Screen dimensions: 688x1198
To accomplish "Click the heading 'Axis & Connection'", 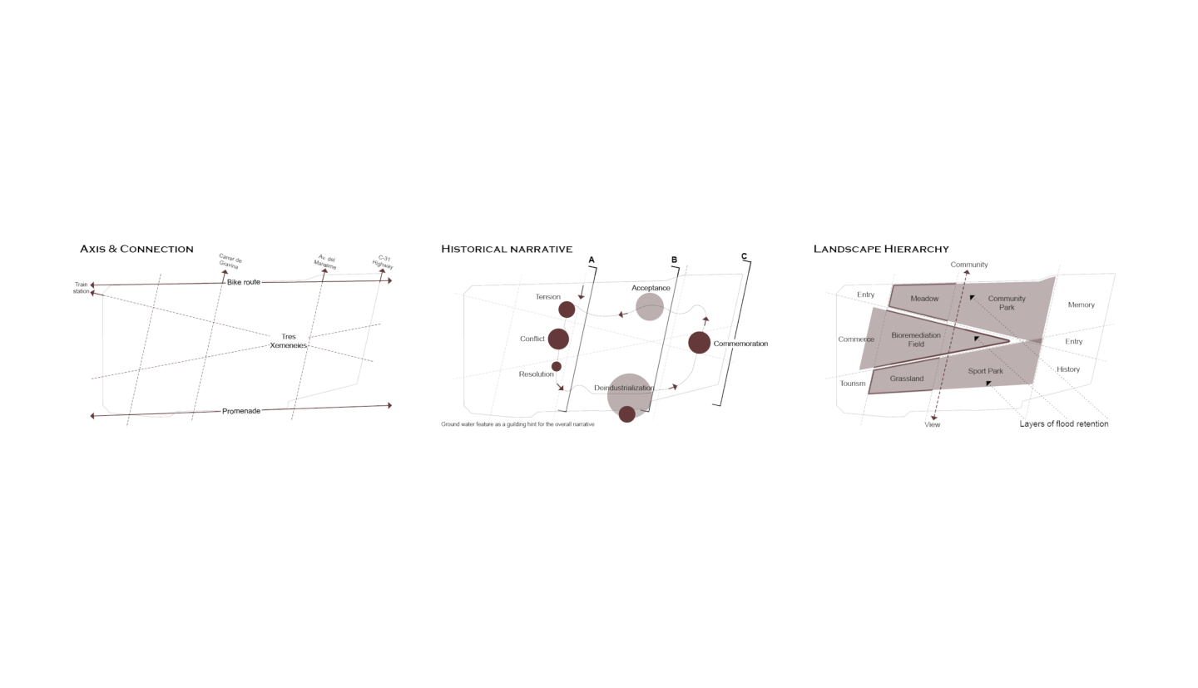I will pos(136,249).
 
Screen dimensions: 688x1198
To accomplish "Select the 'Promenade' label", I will pos(240,411).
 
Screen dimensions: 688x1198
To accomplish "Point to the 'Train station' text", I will pos(81,288).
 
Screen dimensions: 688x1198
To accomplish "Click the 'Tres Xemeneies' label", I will pos(289,341).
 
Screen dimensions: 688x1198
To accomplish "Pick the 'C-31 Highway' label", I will pos(384,262).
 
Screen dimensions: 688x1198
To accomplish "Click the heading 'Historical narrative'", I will pos(507,249).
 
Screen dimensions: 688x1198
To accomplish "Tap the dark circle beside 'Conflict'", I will pos(558,339).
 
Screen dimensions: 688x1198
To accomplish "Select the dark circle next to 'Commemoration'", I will pos(699,342).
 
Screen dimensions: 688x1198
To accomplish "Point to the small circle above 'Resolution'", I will pos(557,366).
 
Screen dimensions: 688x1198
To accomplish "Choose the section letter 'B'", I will pos(674,260).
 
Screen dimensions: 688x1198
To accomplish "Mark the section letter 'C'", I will pos(744,255).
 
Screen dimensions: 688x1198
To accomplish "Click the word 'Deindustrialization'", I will pos(624,388).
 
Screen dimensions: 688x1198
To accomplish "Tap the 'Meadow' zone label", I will pos(924,299).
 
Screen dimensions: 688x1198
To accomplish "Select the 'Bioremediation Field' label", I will pos(916,339).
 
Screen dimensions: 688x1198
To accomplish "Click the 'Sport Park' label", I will pos(985,371).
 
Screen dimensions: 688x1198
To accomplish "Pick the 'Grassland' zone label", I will pos(907,379).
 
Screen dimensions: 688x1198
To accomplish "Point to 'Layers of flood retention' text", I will pos(1064,424).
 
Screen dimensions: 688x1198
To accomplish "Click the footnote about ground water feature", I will pos(517,424).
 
